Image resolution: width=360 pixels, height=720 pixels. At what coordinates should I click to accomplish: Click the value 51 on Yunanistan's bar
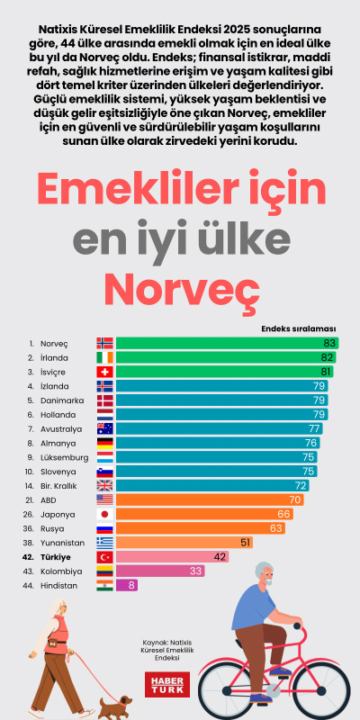[245, 543]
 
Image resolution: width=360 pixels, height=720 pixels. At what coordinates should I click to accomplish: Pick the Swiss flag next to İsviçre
[105, 372]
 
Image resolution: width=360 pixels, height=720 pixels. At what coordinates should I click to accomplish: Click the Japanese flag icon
[105, 514]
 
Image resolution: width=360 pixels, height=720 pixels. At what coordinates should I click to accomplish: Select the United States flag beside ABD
[105, 499]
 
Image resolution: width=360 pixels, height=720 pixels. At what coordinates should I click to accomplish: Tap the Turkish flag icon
[105, 557]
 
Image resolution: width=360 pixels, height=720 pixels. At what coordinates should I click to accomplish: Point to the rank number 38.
[30, 543]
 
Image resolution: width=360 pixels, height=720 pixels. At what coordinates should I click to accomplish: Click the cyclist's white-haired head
[261, 574]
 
